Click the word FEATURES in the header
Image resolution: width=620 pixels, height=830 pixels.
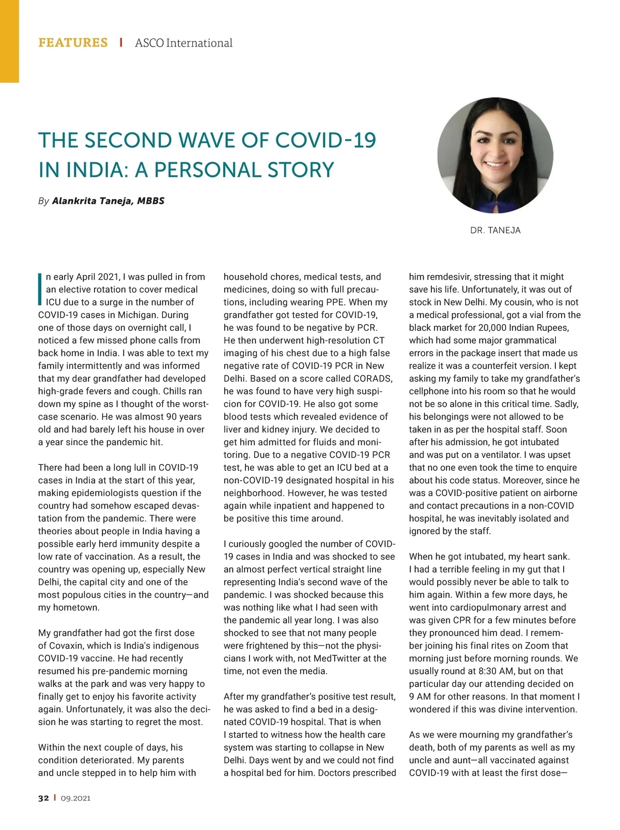[73, 43]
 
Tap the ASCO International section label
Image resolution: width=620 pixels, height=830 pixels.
[183, 43]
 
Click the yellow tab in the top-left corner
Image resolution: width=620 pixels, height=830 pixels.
[9, 41]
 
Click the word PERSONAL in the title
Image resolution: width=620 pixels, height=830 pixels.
[208, 170]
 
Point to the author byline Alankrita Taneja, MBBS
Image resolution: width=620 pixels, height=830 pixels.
[108, 201]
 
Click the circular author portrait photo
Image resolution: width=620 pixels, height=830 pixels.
[495, 156]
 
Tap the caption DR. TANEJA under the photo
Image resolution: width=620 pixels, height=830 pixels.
[495, 230]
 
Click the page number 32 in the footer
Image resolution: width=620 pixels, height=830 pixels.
[43, 798]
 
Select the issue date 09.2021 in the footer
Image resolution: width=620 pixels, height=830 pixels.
[75, 798]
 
